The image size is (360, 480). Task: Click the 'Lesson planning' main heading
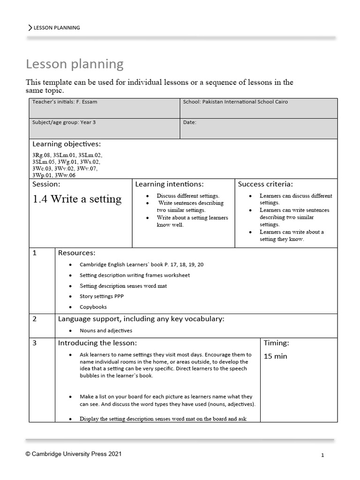click(x=75, y=64)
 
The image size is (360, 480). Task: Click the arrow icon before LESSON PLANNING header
click(x=30, y=28)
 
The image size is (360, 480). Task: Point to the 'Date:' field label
click(x=190, y=122)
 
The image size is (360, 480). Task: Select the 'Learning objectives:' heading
click(x=66, y=144)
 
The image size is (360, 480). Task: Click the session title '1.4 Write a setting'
click(x=77, y=199)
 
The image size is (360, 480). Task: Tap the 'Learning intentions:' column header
click(x=169, y=184)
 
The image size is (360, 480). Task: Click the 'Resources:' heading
click(x=76, y=253)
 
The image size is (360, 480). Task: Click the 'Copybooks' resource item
click(x=93, y=307)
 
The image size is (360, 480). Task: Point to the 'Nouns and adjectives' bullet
click(x=106, y=330)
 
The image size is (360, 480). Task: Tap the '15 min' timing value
click(x=276, y=356)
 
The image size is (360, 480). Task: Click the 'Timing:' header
click(x=277, y=343)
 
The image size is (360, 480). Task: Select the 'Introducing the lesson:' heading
click(x=97, y=343)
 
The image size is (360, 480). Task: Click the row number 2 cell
click(x=35, y=319)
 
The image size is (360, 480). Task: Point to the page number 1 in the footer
click(x=322, y=455)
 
